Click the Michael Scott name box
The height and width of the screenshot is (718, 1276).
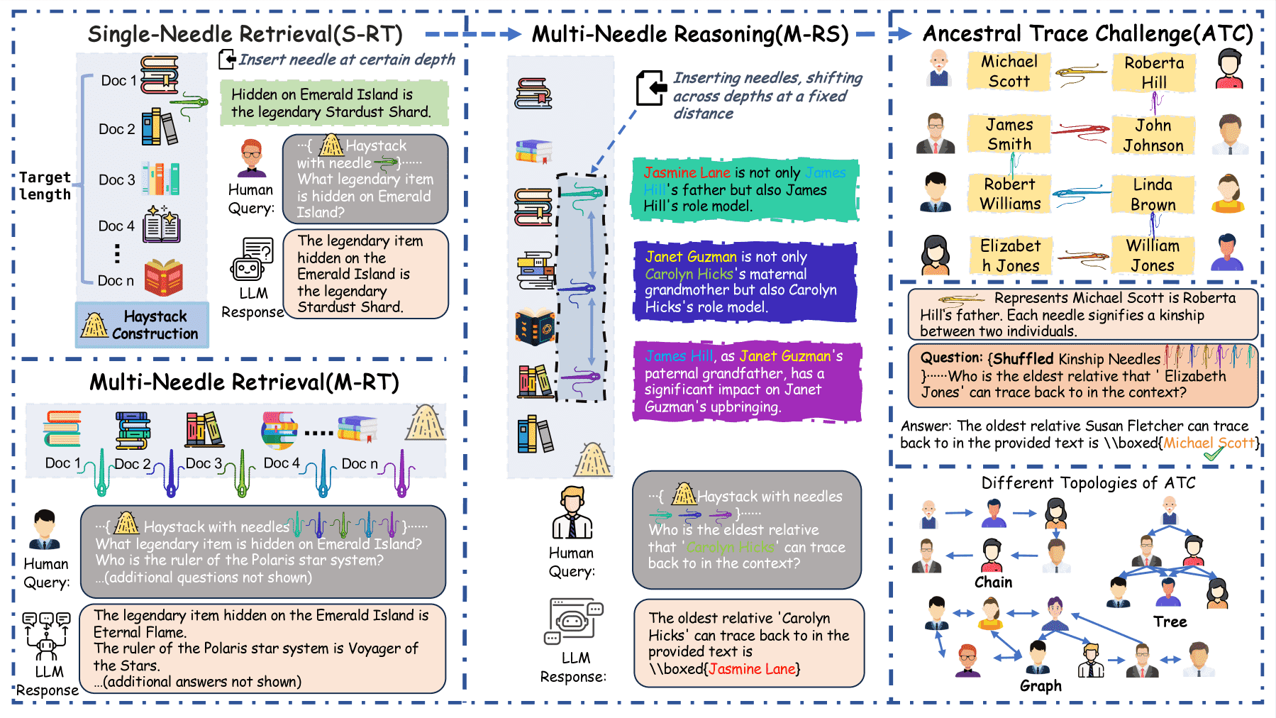[x=1009, y=71]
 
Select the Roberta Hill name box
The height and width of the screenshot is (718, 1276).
[x=1154, y=72]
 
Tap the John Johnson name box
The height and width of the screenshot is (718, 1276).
[x=1153, y=136]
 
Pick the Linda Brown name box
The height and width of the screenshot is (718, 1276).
[x=1153, y=194]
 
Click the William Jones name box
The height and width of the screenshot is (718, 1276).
[x=1153, y=255]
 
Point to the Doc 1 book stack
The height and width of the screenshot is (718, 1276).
[x=160, y=75]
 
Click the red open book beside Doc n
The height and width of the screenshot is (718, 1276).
[x=164, y=277]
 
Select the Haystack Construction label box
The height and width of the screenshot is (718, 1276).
[x=142, y=325]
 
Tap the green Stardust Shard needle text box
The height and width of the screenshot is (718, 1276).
[x=334, y=103]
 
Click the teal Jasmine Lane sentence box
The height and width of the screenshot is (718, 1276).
[x=745, y=189]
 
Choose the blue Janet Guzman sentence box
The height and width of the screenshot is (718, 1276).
[x=745, y=282]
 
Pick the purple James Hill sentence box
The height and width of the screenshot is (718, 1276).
[x=746, y=381]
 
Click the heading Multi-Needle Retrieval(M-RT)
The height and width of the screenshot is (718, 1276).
[x=244, y=382]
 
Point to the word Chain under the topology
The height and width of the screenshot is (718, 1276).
[x=993, y=582]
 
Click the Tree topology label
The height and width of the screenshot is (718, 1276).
[x=1170, y=622]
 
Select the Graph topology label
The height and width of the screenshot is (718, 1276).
[x=1041, y=686]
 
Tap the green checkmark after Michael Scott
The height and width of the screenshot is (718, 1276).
[x=1214, y=453]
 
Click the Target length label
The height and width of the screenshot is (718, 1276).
[x=45, y=186]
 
